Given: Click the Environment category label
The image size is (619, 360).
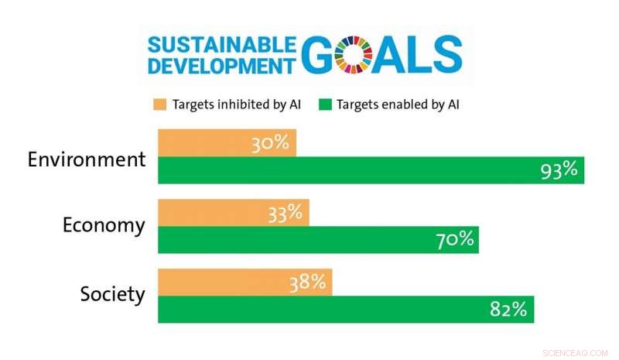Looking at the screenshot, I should (87, 160).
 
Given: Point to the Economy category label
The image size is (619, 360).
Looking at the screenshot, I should (104, 225).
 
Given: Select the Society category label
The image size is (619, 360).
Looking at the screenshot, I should (112, 295).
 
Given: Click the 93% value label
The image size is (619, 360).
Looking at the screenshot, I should (559, 170).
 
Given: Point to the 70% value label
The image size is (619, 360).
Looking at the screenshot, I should (453, 239).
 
